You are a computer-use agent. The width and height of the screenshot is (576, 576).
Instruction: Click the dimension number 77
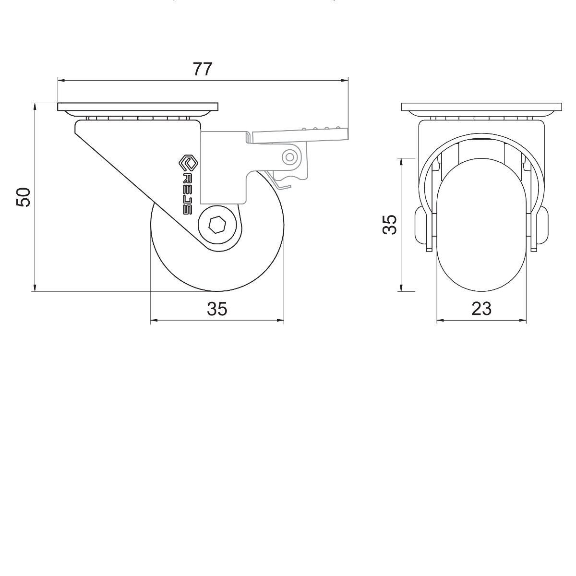[203, 69]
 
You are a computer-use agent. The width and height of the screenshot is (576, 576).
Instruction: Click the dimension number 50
[24, 197]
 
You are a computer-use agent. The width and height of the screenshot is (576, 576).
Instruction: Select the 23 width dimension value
[481, 309]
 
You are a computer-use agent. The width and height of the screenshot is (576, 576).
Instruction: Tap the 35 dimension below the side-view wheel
[217, 309]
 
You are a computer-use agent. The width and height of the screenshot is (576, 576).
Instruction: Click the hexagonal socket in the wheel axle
[216, 225]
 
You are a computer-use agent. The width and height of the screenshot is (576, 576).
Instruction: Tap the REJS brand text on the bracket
[187, 193]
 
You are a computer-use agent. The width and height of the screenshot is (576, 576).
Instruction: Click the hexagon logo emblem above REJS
[187, 163]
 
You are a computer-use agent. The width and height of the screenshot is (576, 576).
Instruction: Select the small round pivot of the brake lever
[289, 157]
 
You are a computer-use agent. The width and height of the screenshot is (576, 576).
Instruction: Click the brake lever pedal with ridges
[300, 135]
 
